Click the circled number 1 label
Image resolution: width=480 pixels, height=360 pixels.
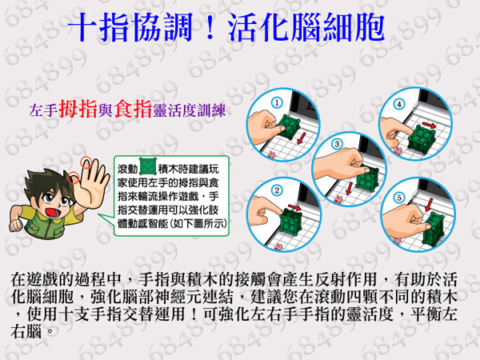(277, 102)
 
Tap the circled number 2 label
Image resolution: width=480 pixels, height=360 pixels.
(277, 190)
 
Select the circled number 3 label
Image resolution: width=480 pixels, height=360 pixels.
(337, 144)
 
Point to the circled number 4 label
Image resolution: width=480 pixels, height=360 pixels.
(399, 104)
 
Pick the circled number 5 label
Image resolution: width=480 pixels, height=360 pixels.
(399, 198)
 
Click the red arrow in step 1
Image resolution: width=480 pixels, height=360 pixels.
(302, 138)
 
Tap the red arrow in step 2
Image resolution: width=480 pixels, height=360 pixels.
(294, 208)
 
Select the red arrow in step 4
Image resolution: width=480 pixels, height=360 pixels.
(429, 125)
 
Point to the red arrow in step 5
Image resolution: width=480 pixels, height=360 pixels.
(429, 205)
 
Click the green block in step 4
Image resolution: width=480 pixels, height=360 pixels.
(422, 141)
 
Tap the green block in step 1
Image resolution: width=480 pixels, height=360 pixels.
(288, 126)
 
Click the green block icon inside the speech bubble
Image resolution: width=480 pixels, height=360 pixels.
(148, 167)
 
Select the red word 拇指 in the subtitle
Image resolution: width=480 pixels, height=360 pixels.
(78, 109)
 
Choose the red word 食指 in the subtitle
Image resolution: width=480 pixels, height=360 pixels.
(133, 109)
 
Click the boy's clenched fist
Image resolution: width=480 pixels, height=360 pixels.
(16, 224)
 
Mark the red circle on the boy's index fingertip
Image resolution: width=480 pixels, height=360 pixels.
(86, 162)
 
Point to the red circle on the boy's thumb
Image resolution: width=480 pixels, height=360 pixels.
(73, 178)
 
